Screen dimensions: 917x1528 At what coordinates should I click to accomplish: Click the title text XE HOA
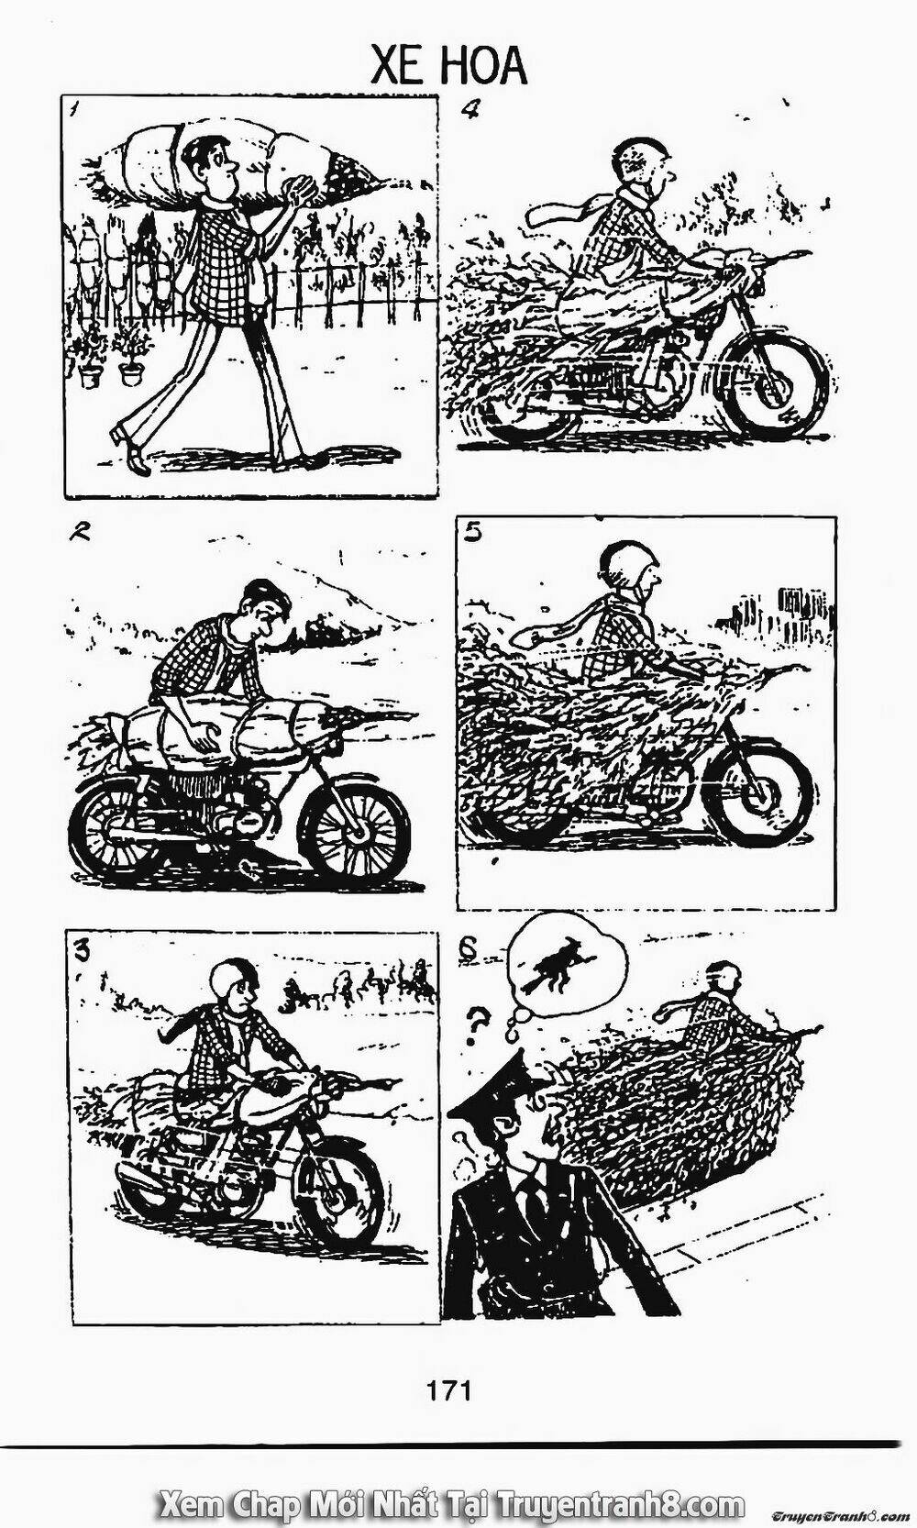point(449,67)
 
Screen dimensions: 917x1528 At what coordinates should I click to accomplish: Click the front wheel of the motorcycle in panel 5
point(761,795)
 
